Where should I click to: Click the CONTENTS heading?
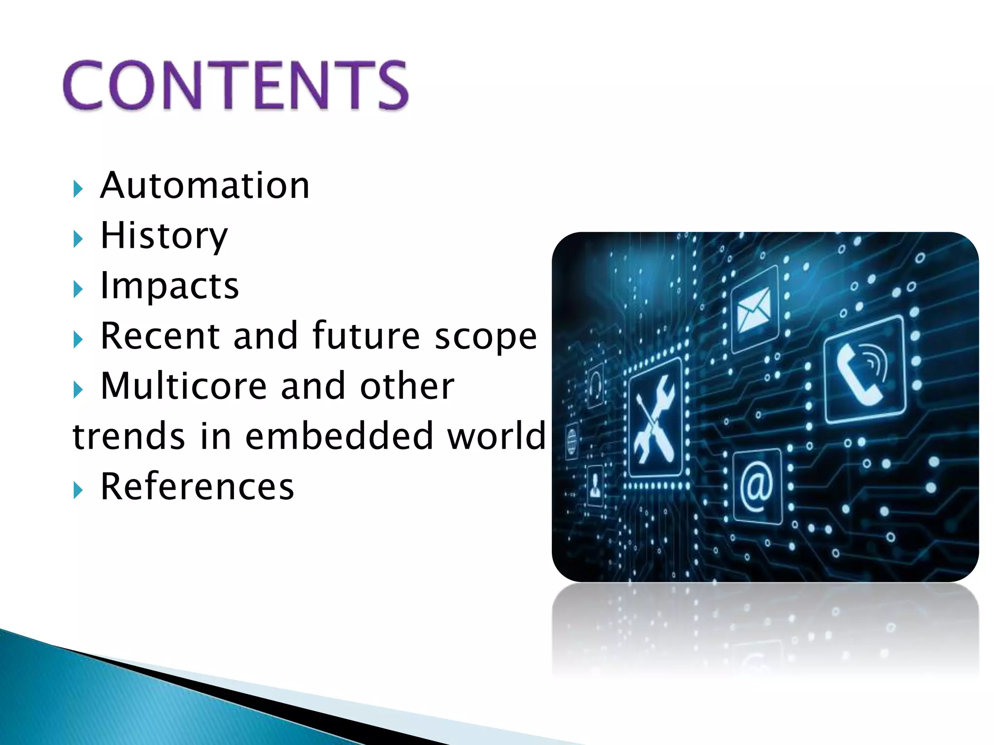236,85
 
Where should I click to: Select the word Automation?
204,186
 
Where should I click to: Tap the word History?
164,236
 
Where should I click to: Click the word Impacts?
169,286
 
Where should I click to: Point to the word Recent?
160,336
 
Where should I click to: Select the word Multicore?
183,386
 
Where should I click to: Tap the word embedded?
338,436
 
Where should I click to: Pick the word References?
197,486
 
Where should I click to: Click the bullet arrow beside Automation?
78,189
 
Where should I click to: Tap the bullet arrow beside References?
78,490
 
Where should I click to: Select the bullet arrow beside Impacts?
78,289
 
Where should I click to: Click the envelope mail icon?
754,309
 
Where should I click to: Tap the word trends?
129,436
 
